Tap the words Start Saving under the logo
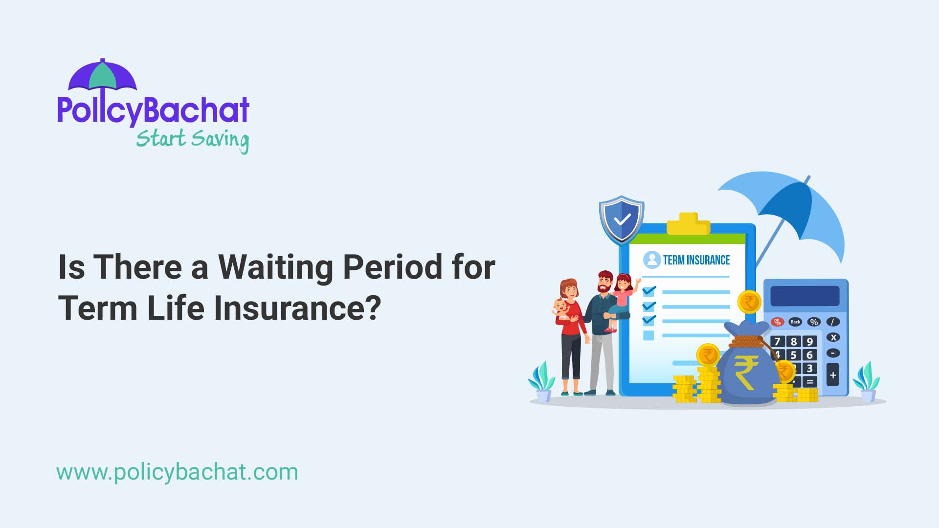tap(192, 139)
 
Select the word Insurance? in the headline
tap(297, 308)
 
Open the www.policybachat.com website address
tap(177, 472)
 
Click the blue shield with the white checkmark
tap(622, 220)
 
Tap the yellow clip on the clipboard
tap(688, 224)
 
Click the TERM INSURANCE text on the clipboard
tap(696, 260)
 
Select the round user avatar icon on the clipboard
tap(651, 260)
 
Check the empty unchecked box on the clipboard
tap(648, 335)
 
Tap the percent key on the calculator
tap(814, 322)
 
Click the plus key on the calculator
tap(833, 375)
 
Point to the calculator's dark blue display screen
tap(805, 296)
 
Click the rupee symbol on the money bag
tap(746, 372)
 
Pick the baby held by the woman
tap(562, 310)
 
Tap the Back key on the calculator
tap(795, 322)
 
